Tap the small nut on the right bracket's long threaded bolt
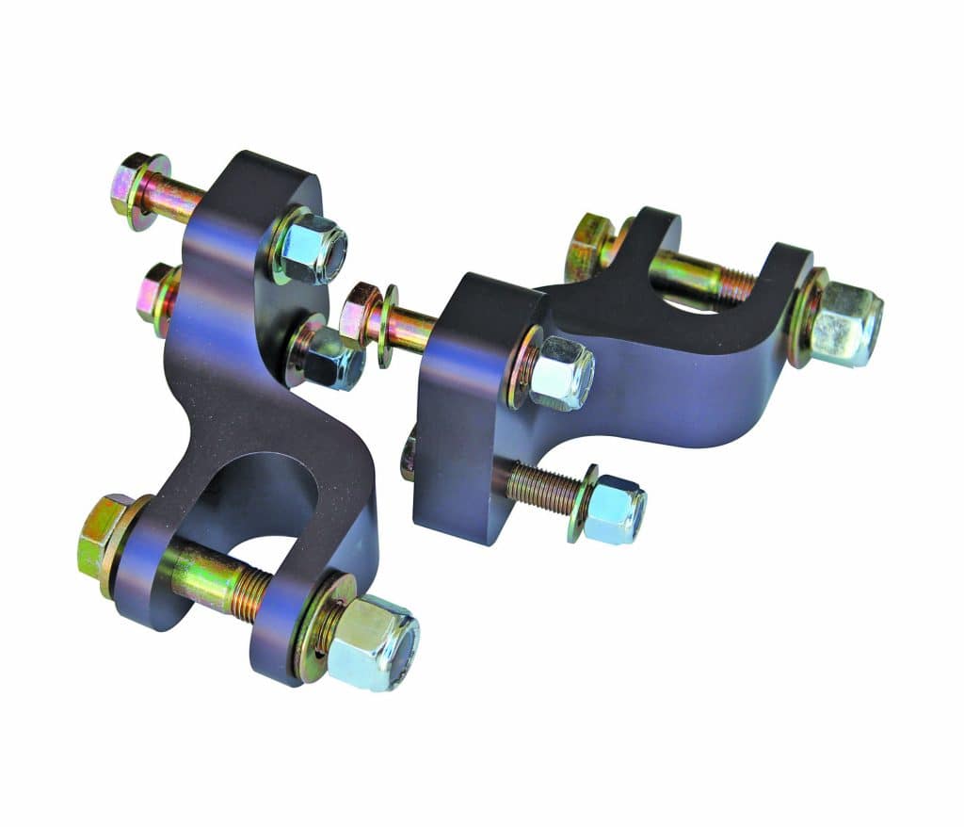click(x=615, y=509)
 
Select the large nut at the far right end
click(x=844, y=325)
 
